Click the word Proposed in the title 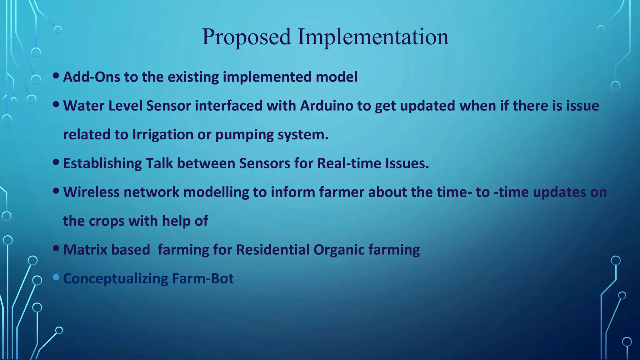[x=246, y=37]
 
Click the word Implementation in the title [x=373, y=37]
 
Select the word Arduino [x=327, y=106]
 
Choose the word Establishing [x=102, y=163]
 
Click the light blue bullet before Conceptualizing [x=56, y=277]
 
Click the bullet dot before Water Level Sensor [x=56, y=104]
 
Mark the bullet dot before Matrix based [x=56, y=248]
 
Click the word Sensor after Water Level [x=168, y=106]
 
